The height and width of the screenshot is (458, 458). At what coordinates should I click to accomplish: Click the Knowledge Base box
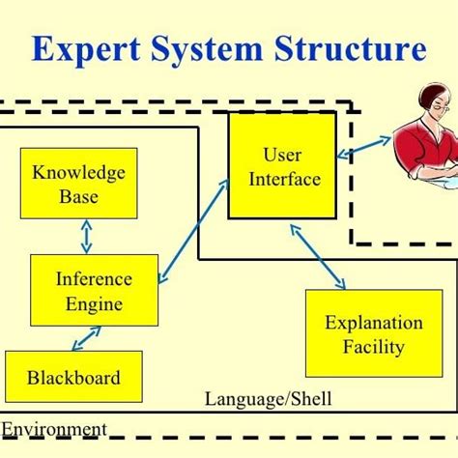[79, 183]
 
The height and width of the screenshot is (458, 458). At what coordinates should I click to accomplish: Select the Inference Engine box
[94, 290]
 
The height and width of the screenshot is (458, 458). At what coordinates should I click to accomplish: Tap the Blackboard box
[73, 376]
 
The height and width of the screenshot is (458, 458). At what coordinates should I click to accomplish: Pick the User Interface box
[282, 164]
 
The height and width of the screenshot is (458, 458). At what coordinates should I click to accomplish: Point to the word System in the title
[206, 49]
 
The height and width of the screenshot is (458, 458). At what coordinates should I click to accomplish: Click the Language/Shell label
[255, 398]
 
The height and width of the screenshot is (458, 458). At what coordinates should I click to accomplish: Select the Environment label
[54, 428]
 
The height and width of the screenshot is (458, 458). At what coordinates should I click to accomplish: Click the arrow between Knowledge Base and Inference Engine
[86, 236]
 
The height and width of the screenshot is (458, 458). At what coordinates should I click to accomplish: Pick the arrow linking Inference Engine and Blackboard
[86, 337]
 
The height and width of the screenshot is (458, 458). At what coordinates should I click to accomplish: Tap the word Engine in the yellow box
[94, 303]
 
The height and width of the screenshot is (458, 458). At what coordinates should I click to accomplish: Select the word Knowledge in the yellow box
[79, 173]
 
